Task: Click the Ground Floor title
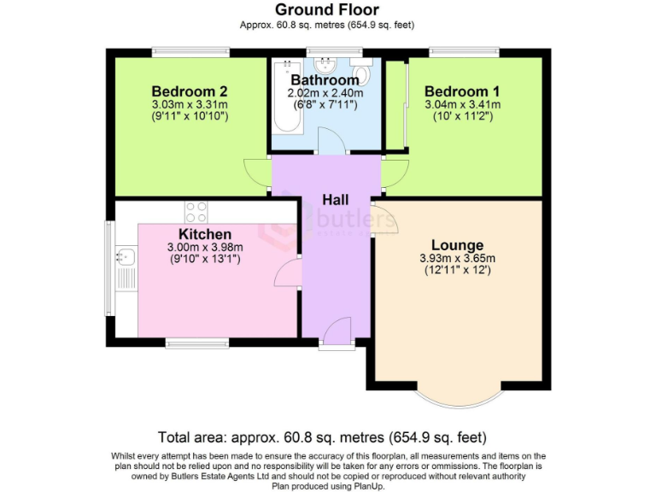tap(327, 9)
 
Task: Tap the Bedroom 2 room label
tap(189, 91)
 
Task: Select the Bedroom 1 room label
tap(462, 91)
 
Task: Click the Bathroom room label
tap(325, 80)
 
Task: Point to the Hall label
tap(335, 199)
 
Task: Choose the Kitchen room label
tap(205, 234)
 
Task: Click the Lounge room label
tap(457, 245)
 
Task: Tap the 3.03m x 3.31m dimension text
tap(189, 105)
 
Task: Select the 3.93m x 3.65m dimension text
tap(457, 259)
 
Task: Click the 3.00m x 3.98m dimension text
tap(205, 248)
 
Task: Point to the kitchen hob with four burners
tap(196, 211)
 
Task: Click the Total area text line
tap(328, 436)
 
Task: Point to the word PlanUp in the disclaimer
tap(366, 486)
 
